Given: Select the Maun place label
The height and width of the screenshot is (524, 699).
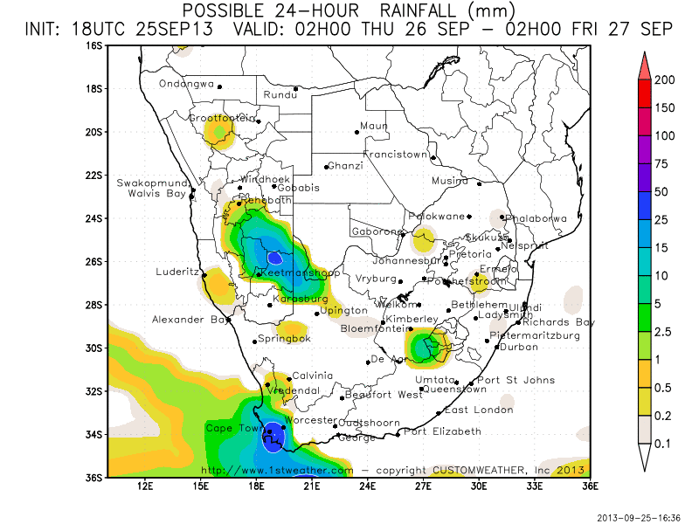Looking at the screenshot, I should click(374, 126).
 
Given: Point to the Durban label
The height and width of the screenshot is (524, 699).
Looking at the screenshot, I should click(518, 347).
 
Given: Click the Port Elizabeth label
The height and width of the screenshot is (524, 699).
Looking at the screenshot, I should click(442, 431).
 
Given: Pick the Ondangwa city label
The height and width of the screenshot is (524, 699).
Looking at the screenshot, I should click(186, 84).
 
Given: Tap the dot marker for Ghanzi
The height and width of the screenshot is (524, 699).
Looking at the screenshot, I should click(326, 167).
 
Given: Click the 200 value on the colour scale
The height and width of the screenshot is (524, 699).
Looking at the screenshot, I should click(665, 79).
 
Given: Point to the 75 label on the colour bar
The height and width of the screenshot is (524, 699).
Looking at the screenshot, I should click(665, 163).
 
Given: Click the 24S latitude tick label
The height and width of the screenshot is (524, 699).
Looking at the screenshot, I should click(94, 218).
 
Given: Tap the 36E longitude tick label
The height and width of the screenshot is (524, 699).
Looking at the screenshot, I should click(589, 486).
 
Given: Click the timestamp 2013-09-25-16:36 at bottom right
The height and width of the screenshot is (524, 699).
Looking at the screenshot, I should click(638, 517).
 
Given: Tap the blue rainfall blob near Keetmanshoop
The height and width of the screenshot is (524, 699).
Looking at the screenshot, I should click(275, 257).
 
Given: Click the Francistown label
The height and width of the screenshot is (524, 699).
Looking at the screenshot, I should click(396, 155).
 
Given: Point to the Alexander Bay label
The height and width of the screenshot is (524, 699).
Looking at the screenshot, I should click(189, 321).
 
